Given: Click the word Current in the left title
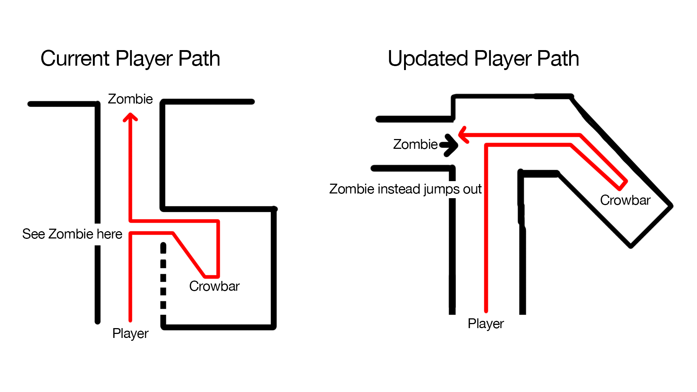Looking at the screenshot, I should click(75, 58).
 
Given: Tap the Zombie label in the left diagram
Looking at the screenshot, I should click(130, 99).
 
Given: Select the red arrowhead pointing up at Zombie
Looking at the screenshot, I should click(130, 117).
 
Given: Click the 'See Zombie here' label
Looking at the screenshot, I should click(72, 234).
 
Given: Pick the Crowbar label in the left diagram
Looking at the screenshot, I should click(214, 286).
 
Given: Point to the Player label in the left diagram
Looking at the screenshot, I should click(130, 333).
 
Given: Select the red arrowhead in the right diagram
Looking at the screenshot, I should click(463, 135).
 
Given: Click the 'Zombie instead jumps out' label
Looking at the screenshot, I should click(405, 189).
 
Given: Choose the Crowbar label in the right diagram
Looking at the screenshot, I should click(625, 200).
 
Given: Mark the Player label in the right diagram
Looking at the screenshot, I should click(485, 323).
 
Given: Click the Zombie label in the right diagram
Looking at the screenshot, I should click(415, 144).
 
